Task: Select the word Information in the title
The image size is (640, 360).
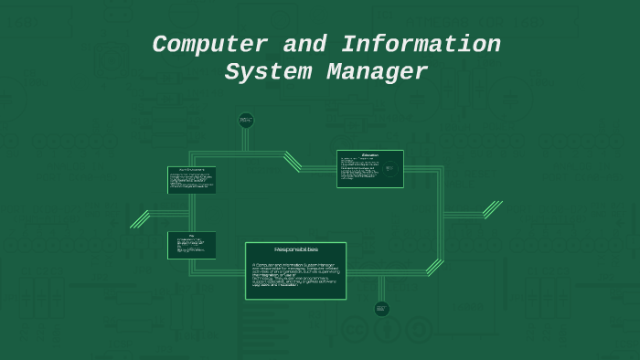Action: [420, 45]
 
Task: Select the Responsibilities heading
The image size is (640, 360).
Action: [295, 249]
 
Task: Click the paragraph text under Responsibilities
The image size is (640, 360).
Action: [294, 274]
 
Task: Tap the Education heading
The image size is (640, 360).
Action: [370, 154]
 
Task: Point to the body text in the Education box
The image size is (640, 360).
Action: [360, 170]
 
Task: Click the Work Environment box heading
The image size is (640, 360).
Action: [192, 170]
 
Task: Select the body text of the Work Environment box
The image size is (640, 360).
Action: [191, 182]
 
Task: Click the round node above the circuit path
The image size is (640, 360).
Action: [245, 119]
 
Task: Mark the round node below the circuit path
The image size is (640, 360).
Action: [382, 309]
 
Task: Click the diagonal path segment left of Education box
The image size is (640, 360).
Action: [293, 162]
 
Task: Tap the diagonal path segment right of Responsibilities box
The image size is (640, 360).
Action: [434, 267]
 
